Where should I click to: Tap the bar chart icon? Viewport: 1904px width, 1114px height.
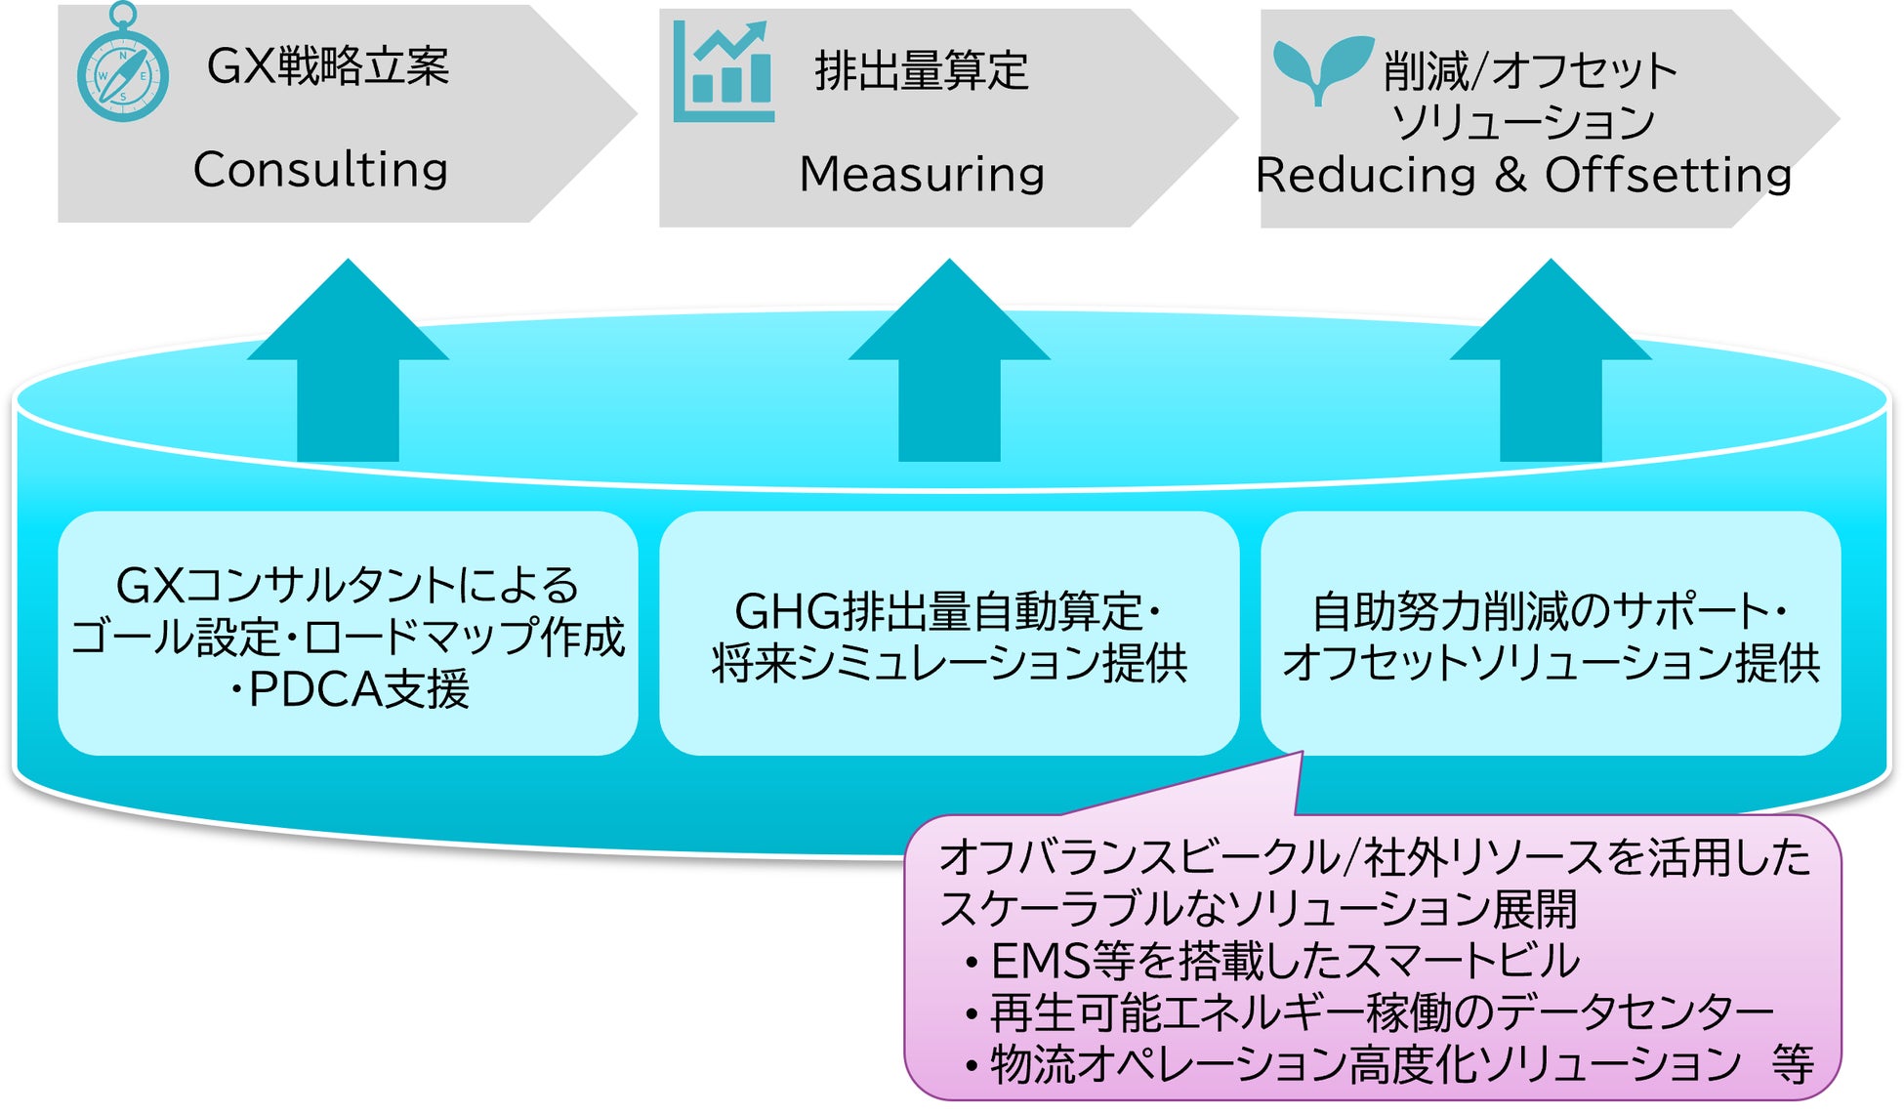tap(724, 71)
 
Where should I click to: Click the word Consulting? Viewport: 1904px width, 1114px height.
tap(320, 170)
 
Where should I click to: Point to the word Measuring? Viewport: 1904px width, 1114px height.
tap(922, 174)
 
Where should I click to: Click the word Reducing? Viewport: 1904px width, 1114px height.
tap(1366, 175)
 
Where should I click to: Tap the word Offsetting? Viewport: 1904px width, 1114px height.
tap(1668, 175)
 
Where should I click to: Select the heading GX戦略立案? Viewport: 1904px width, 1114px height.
tap(328, 66)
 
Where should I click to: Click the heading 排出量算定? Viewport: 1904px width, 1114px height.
tap(922, 71)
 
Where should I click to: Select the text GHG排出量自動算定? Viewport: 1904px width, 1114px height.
tap(937, 612)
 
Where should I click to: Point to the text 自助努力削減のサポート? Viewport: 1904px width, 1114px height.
tap(1540, 612)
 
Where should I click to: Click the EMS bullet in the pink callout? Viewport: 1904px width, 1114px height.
tap(1272, 962)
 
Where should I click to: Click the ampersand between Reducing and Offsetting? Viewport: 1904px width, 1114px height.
tap(1510, 175)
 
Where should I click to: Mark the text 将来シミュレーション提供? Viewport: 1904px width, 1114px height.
tap(949, 664)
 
